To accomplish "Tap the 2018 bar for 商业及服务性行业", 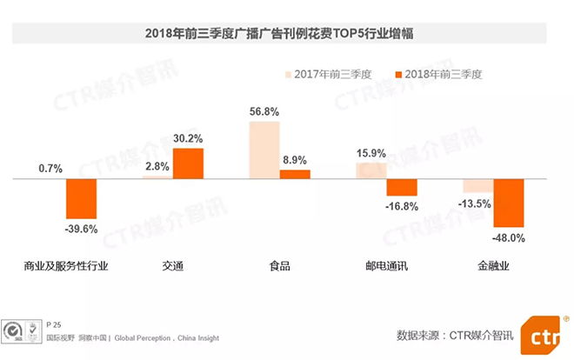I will click(82, 199).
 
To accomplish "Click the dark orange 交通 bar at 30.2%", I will click(188, 163).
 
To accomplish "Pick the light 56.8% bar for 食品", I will click(264, 150).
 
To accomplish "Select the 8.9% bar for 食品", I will click(295, 174).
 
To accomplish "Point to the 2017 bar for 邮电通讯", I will click(371, 170).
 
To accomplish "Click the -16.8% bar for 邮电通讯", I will click(402, 187).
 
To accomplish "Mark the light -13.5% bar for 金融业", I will click(478, 186).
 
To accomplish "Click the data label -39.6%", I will click(82, 230).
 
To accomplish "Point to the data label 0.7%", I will click(51, 169).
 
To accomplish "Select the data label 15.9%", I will click(371, 154).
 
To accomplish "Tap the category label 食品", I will click(279, 266).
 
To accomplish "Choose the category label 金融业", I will click(493, 266).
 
